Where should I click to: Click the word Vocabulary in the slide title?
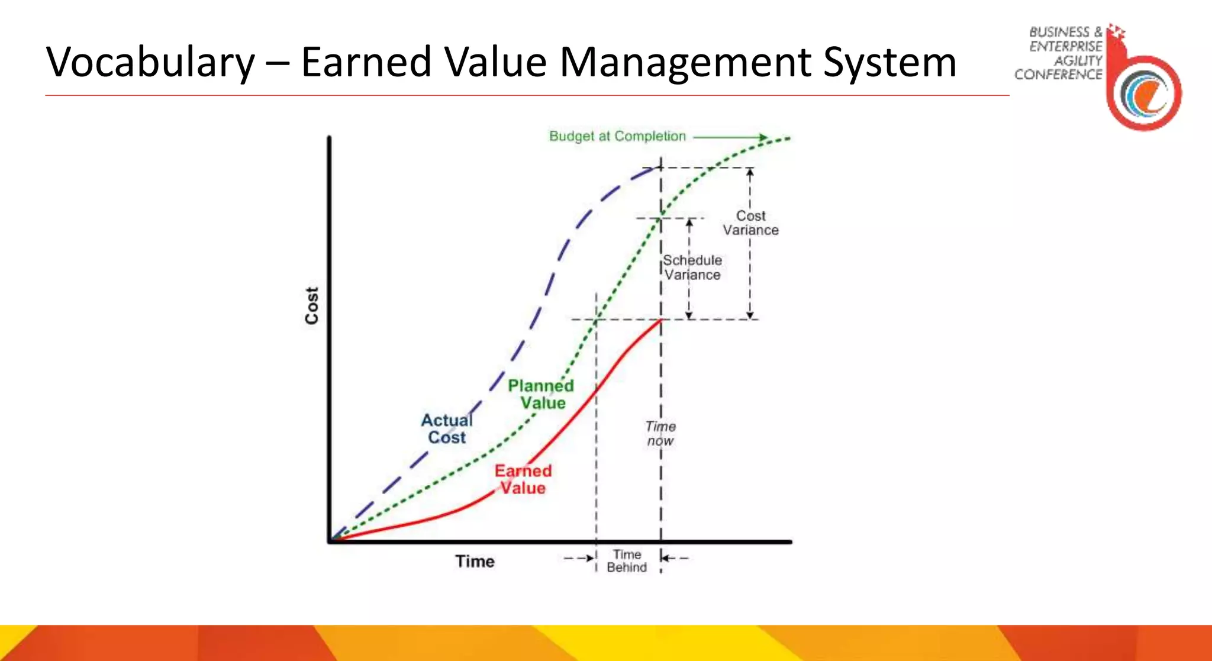(150, 63)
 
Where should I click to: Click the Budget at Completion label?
(617, 136)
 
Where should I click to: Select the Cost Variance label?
(750, 223)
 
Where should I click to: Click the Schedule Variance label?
(692, 267)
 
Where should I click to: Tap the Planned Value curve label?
(541, 394)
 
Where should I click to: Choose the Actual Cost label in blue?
(447, 428)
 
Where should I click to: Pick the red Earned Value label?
(523, 479)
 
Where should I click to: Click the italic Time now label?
(660, 433)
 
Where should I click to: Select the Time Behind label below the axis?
(627, 560)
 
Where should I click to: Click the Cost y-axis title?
(312, 305)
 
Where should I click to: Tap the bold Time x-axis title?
(475, 561)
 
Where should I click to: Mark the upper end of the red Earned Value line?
(660, 320)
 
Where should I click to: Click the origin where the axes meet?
(330, 541)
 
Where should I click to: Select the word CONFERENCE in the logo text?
(1058, 75)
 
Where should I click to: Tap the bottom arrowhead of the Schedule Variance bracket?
(689, 315)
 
